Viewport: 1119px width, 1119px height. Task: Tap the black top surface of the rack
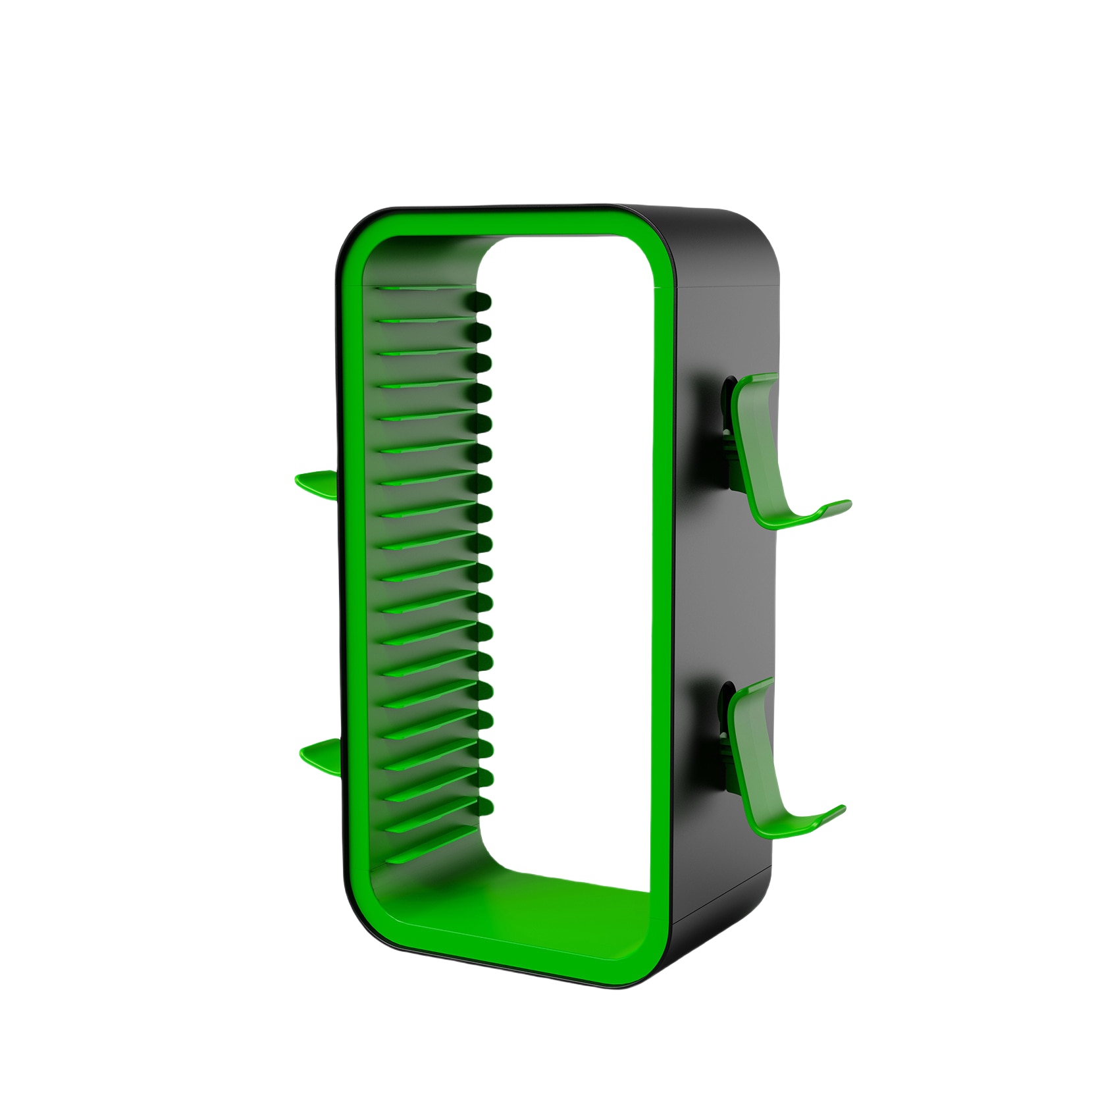[691, 217]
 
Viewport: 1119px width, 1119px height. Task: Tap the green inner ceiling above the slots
[421, 260]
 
